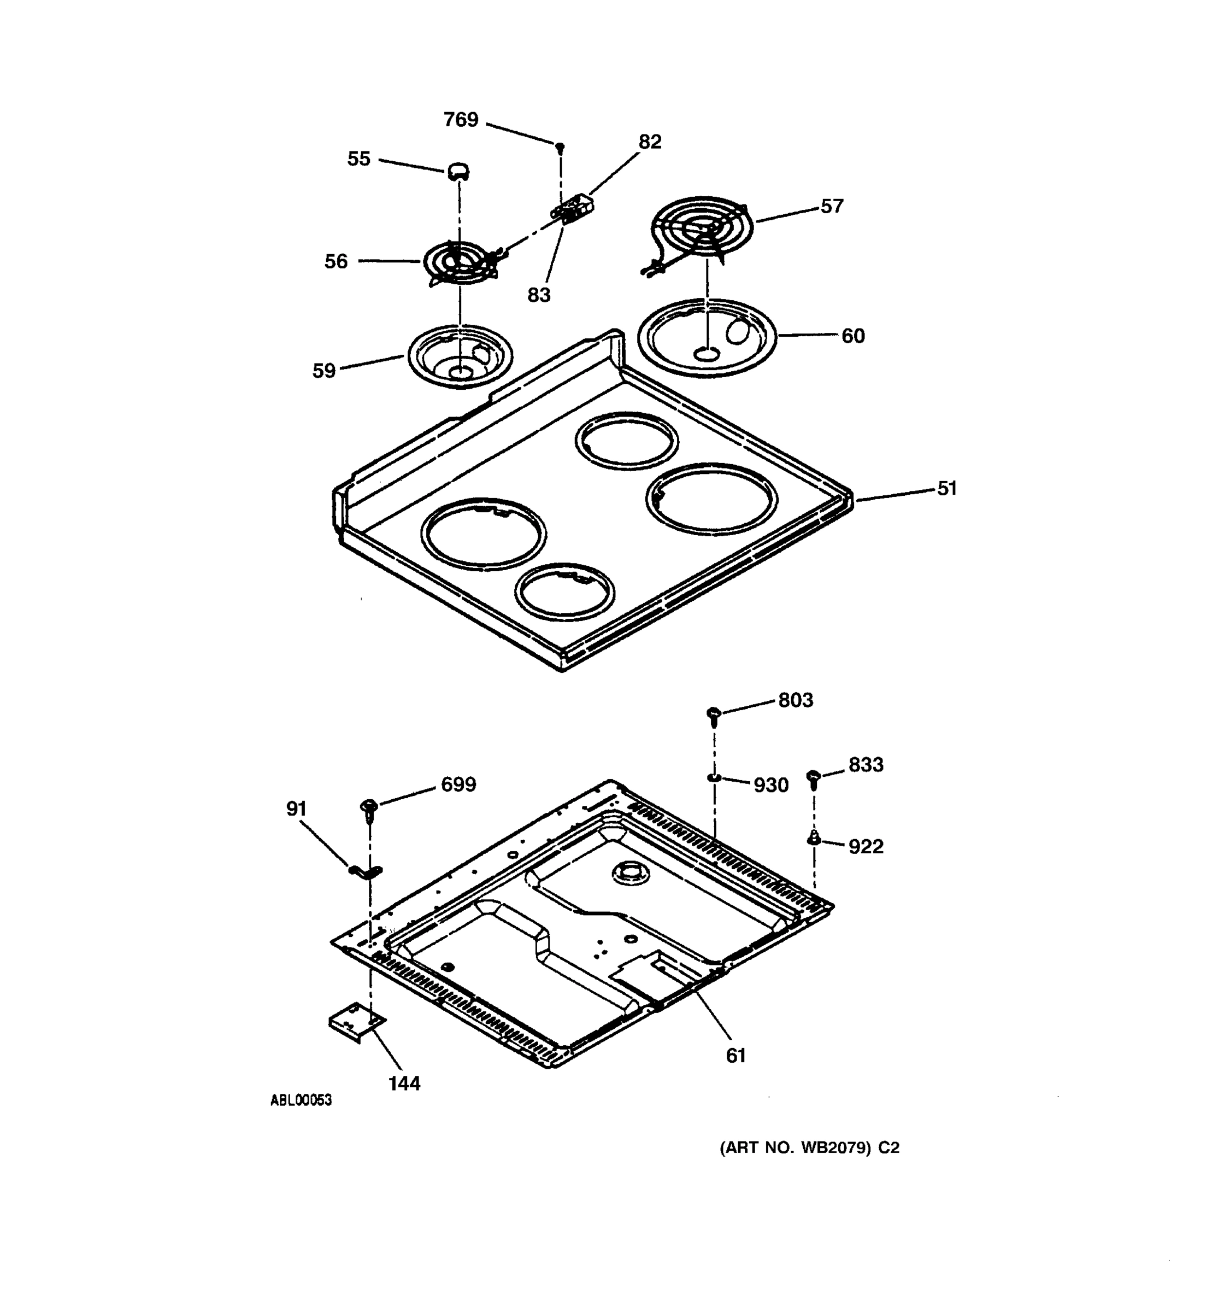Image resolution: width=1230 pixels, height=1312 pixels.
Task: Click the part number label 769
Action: click(x=460, y=120)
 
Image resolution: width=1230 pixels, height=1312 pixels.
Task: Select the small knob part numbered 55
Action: click(x=458, y=172)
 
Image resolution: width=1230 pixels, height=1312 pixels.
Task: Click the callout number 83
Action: click(x=538, y=295)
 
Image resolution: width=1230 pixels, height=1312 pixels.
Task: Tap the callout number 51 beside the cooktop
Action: click(x=946, y=488)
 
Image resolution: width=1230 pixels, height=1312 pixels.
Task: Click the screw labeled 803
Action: click(x=714, y=714)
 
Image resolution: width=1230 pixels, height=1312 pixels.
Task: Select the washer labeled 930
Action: click(x=713, y=778)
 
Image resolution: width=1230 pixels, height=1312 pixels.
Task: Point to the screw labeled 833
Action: click(x=814, y=778)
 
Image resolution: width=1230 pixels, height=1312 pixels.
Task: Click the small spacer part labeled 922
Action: click(x=814, y=838)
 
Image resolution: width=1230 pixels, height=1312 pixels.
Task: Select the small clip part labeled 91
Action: click(x=364, y=872)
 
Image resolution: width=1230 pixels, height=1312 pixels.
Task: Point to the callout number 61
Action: click(x=735, y=1056)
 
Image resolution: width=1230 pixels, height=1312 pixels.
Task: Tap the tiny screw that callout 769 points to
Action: click(x=560, y=147)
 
